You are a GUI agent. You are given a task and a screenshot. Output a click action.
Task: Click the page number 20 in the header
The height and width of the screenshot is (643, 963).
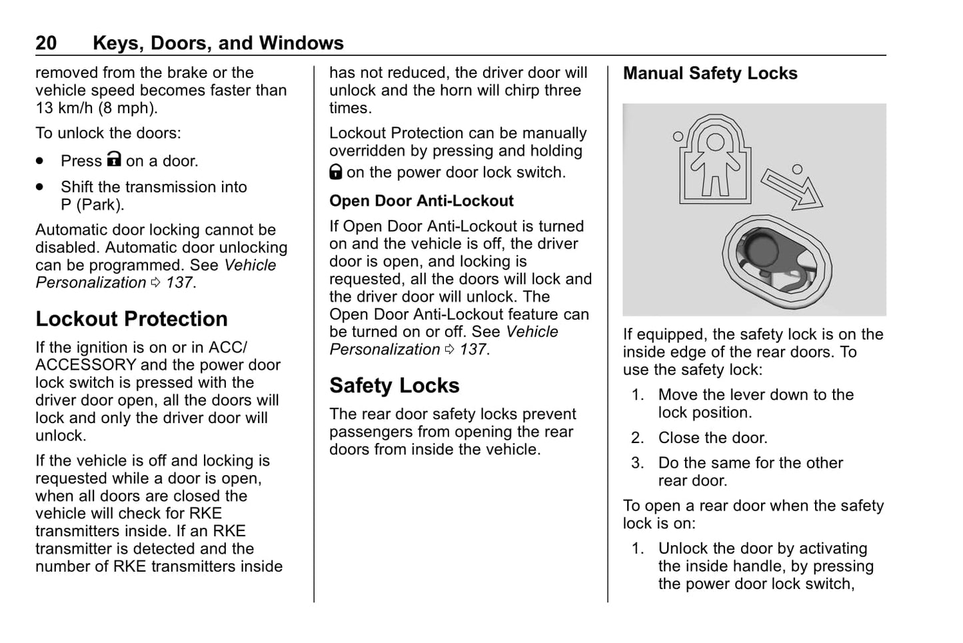click(46, 43)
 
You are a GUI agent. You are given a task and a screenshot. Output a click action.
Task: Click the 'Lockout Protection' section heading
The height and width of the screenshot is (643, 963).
click(131, 319)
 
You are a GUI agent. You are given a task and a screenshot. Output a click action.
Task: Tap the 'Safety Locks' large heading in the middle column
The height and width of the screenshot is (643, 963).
click(394, 386)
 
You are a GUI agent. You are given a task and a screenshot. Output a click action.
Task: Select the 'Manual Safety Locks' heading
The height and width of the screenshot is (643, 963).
click(710, 73)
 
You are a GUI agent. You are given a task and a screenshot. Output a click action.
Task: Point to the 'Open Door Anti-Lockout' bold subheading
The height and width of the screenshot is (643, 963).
click(421, 201)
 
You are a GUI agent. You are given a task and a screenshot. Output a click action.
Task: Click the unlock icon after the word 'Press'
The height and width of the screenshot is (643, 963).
click(115, 160)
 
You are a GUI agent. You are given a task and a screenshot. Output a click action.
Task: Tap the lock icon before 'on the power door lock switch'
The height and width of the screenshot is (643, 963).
click(336, 173)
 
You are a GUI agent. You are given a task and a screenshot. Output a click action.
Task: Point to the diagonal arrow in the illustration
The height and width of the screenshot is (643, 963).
click(791, 189)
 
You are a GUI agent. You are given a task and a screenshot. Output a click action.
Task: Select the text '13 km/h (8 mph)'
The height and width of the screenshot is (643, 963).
click(97, 108)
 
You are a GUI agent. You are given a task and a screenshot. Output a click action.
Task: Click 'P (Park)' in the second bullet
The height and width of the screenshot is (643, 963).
click(92, 205)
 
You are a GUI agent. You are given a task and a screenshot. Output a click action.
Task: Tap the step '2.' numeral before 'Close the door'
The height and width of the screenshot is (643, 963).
click(638, 438)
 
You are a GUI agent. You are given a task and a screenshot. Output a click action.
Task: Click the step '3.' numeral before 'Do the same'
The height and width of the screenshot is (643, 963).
click(638, 463)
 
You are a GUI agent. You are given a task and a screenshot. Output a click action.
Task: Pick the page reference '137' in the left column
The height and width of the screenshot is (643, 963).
click(179, 283)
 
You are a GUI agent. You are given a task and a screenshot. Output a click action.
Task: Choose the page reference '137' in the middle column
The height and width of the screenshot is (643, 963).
click(473, 349)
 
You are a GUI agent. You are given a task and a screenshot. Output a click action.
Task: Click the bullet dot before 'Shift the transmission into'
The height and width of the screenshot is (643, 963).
click(41, 187)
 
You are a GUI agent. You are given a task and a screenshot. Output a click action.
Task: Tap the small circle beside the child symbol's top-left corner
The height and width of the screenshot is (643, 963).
click(678, 136)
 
